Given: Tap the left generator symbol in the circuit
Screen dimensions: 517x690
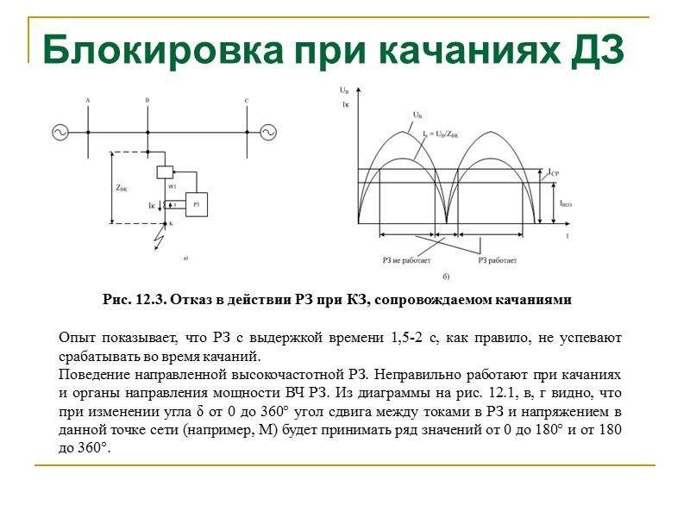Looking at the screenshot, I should click(61, 133).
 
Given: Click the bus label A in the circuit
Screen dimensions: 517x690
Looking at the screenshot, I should click(88, 102).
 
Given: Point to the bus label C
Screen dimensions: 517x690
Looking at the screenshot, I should click(247, 102).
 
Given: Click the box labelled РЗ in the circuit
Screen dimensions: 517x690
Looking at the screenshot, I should click(197, 204).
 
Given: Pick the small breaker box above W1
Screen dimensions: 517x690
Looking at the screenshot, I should click(165, 172).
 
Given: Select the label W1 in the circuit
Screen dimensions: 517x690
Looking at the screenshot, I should click(172, 186).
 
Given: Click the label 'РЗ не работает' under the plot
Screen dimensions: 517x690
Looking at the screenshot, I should click(405, 259).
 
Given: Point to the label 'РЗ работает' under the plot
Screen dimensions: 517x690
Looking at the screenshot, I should click(498, 259).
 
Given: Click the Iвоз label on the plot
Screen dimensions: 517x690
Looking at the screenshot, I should click(567, 203).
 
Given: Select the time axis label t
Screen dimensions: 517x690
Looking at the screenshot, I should click(567, 235).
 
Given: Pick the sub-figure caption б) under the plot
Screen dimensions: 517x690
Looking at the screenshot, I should click(446, 277).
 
